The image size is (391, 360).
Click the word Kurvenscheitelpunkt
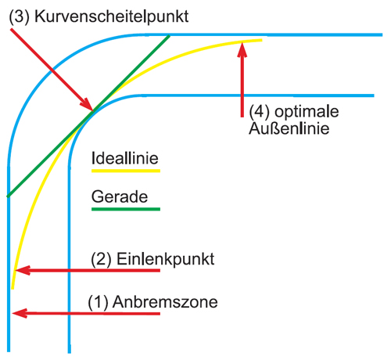pos(111,17)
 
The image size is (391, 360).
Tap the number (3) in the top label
pos(20,17)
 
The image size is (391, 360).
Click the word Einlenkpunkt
pos(165,259)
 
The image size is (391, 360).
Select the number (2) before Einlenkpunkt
pos(101,259)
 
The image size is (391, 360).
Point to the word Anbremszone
pos(165,302)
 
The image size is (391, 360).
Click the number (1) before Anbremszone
pos(98,302)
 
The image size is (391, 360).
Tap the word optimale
pos(307,112)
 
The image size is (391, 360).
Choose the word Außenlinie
pos(289,128)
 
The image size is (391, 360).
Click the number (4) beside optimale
pos(260,112)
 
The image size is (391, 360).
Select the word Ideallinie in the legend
pos(125,158)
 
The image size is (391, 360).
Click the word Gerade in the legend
pos(120,196)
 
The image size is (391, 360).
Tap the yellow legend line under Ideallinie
pos(126,171)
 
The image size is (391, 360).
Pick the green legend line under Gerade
pos(126,209)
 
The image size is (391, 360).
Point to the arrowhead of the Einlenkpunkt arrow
pos(23,270)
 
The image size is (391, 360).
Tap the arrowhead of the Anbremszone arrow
pos(20,313)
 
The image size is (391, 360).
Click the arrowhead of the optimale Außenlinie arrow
pos(242,50)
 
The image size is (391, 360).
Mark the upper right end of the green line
pos(170,36)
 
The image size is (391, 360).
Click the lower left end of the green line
pos(8,196)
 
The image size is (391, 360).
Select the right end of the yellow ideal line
pos(261,40)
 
